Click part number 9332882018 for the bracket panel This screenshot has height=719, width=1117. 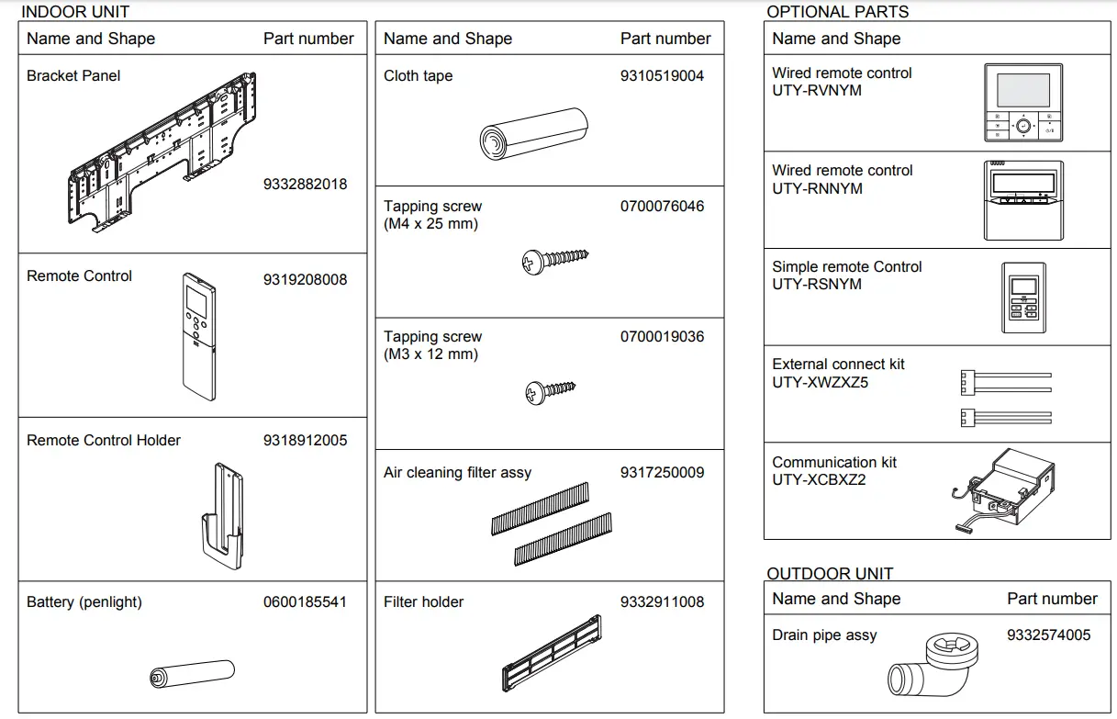point(305,184)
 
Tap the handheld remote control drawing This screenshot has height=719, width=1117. point(198,336)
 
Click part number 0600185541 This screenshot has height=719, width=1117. point(305,602)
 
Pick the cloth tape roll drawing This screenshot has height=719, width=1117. point(533,134)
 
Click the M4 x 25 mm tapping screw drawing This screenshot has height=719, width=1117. point(554,261)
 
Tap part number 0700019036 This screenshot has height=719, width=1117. point(662,337)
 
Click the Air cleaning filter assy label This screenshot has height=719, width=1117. point(457,473)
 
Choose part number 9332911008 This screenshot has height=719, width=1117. point(662,602)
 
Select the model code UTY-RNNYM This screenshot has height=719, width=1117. point(817,188)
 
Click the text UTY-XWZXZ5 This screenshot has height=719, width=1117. point(820,382)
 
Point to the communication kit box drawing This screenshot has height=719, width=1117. point(1004,491)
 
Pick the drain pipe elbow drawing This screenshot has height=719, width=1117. point(930,666)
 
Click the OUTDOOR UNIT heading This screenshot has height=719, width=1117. point(830,574)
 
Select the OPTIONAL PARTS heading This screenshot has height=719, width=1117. point(837,12)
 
